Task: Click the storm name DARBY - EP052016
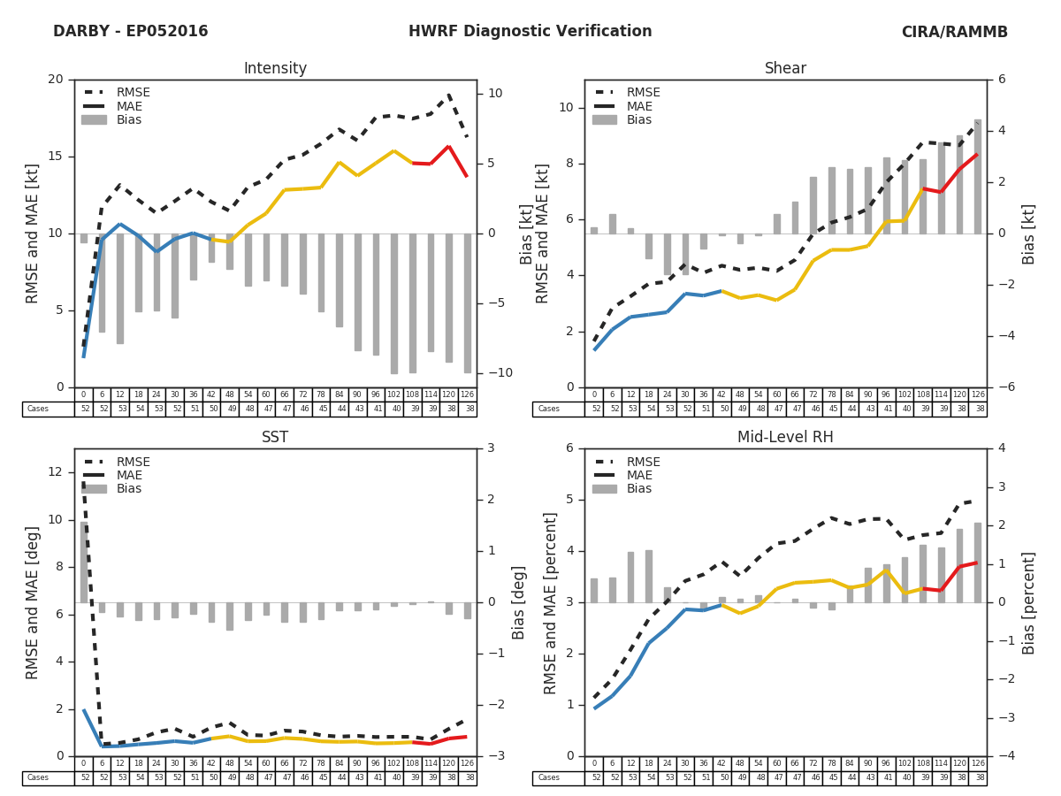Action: (130, 32)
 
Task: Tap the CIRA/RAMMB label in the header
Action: (954, 32)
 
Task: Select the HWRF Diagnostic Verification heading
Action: (530, 32)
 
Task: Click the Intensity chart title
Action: (275, 69)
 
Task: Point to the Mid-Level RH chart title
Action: (785, 438)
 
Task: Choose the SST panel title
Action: (275, 438)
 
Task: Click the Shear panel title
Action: (785, 69)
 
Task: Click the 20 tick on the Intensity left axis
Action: (56, 80)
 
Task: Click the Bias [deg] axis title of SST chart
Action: (519, 602)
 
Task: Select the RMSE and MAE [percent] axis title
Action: (551, 602)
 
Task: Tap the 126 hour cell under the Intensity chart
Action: (467, 394)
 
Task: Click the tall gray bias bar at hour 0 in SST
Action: (84, 563)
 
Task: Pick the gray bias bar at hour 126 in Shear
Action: (977, 177)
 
